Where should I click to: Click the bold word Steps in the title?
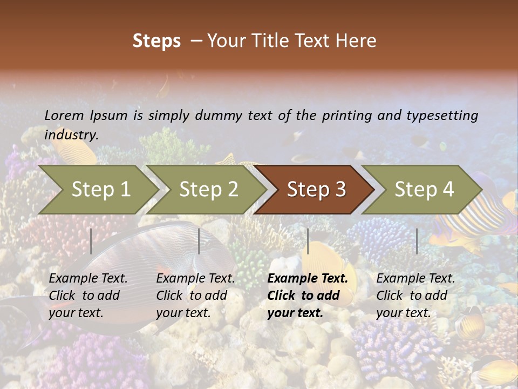156,41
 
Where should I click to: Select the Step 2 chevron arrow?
208,190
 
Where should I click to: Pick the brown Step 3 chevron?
316,190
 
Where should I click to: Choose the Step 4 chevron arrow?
424,190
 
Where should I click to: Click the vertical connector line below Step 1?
91,241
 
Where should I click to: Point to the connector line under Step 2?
199,241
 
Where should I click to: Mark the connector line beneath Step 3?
308,241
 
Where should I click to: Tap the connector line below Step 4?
417,241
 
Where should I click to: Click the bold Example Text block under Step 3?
308,296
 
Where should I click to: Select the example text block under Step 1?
88,296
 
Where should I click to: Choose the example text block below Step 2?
195,296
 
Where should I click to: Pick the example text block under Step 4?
415,296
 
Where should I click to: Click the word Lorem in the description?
64,115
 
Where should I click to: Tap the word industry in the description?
71,135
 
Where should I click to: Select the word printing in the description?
342,115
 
